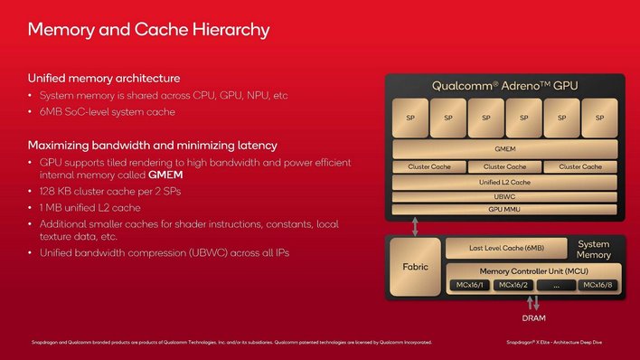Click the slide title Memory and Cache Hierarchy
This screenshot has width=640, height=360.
pyautogui.click(x=148, y=30)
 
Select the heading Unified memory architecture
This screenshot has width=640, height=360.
pyautogui.click(x=103, y=78)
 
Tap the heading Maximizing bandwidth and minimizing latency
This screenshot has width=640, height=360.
pyautogui.click(x=152, y=145)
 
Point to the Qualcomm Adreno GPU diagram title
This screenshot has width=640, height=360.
pyautogui.click(x=504, y=86)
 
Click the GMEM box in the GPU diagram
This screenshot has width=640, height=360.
pyautogui.click(x=504, y=148)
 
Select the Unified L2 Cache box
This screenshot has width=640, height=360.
pyautogui.click(x=504, y=182)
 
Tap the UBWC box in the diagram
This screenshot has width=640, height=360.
pyautogui.click(x=504, y=196)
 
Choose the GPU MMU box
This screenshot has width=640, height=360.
pyautogui.click(x=504, y=209)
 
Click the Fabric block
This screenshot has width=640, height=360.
pyautogui.click(x=415, y=268)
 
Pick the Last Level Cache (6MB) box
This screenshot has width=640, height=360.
pyautogui.click(x=506, y=248)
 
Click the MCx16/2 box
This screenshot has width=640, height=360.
pyautogui.click(x=512, y=285)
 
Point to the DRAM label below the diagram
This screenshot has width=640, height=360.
pyautogui.click(x=532, y=318)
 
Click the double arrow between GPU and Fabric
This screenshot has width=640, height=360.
pyautogui.click(x=415, y=225)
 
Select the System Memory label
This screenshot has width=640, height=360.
pyautogui.click(x=594, y=250)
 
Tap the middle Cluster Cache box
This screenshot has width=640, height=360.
pyautogui.click(x=504, y=166)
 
